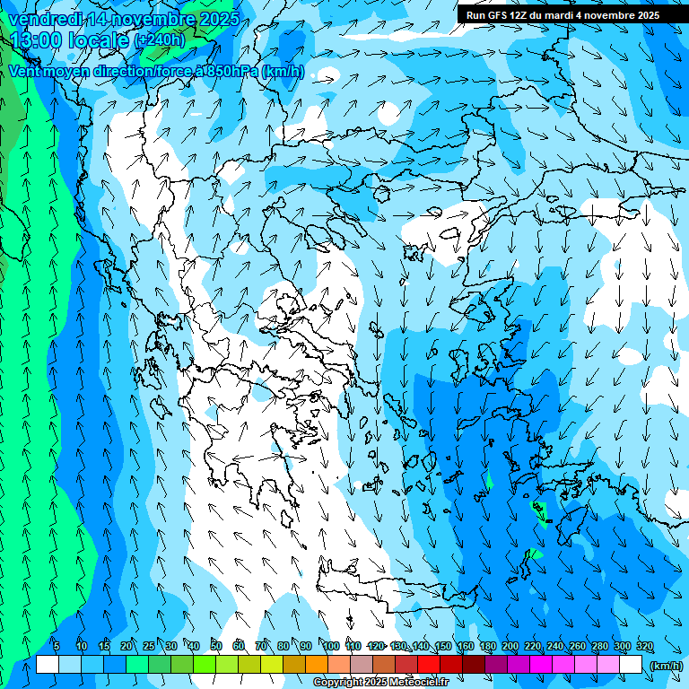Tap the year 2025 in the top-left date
(215, 19)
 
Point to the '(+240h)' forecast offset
(160, 40)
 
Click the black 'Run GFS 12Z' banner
(563, 15)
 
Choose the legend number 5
(56, 647)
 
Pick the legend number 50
(216, 647)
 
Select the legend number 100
(331, 647)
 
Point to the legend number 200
(510, 647)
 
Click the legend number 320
(645, 647)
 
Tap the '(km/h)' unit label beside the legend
(665, 666)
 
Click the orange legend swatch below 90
(317, 665)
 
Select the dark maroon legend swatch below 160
(474, 665)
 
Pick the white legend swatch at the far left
(48, 665)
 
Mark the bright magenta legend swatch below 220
(541, 665)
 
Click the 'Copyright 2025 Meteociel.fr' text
(381, 683)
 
